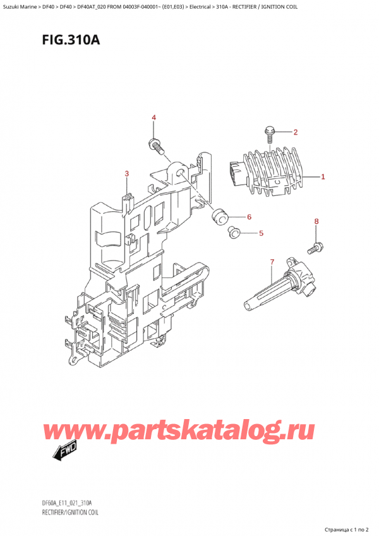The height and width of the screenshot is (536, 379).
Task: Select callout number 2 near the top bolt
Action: pos(295,132)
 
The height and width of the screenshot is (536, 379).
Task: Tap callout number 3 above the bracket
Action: pos(127,174)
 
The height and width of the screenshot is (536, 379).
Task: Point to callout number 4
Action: pos(153,118)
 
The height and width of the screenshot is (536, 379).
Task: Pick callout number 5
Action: pos(261,233)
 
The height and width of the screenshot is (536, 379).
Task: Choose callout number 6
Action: pos(249,217)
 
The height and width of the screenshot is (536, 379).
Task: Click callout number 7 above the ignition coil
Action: pos(272,262)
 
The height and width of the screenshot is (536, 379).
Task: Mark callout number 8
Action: pos(316,221)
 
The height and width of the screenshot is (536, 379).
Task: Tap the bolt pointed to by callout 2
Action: pos(270,134)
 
